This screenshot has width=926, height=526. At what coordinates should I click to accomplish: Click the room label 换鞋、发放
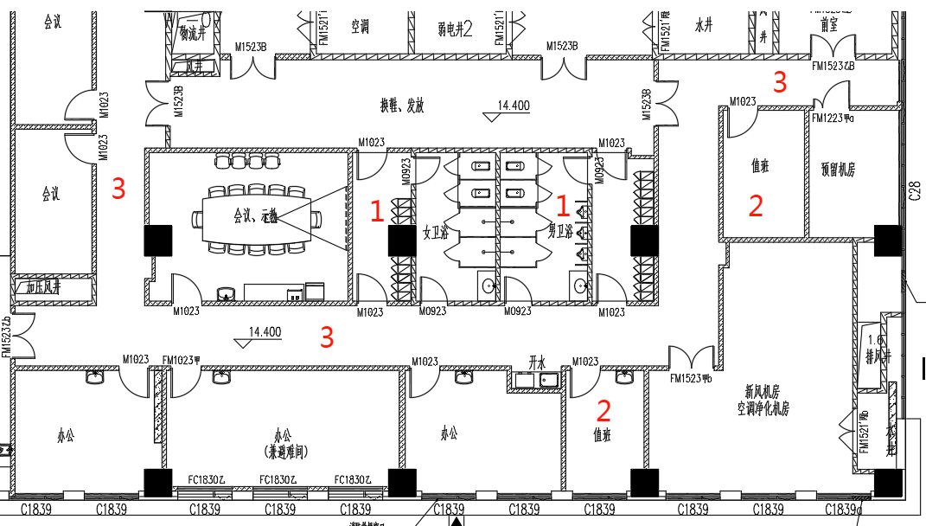point(402,106)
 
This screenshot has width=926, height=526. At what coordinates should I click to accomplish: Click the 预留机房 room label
point(837,170)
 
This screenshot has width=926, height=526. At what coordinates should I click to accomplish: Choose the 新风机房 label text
point(762,391)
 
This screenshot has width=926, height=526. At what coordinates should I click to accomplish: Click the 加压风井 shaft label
point(44,285)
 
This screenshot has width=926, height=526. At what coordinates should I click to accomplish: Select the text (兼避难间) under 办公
point(282,452)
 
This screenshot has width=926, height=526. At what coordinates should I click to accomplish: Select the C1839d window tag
point(844,509)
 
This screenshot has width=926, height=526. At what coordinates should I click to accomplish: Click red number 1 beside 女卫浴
point(377,210)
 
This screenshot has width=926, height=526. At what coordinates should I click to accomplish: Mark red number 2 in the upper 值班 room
point(756,206)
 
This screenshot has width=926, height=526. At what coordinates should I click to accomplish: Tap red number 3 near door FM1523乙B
point(780,82)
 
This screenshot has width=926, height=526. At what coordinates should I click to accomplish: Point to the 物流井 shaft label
point(191,34)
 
